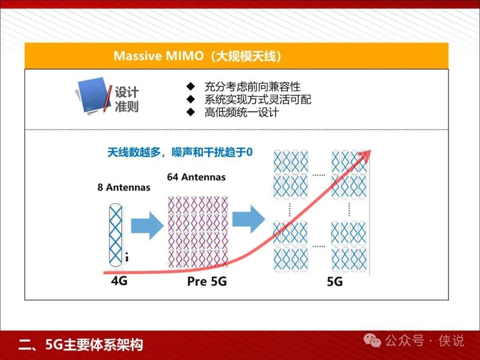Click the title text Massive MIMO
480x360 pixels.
158,56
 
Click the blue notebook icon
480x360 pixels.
93,96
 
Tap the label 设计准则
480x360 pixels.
127,99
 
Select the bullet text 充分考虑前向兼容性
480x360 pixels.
252,87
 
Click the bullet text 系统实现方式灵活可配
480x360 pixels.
258,100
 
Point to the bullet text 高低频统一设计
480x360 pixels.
241,112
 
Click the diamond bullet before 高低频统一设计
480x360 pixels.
191,112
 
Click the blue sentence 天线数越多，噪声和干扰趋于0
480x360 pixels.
180,152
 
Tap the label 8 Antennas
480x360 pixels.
124,188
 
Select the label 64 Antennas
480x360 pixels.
196,177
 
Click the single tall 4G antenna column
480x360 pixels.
116,235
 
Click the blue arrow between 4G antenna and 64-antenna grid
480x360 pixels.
147,226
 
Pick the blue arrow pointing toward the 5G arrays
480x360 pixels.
248,219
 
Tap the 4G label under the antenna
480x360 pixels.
119,280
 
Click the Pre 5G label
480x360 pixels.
207,281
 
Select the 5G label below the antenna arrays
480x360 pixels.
335,282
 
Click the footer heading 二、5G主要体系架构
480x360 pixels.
80,345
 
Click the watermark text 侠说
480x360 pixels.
451,341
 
